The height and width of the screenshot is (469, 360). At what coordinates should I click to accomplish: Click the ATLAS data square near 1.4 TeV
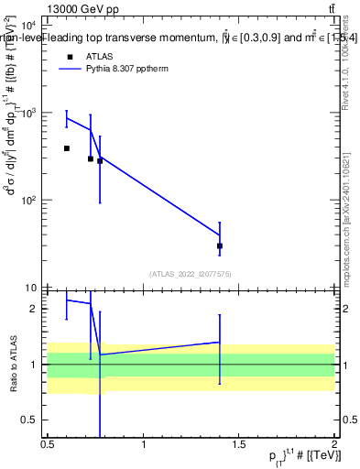pos(220,245)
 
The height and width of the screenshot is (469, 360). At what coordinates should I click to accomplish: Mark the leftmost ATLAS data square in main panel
pos(67,147)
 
